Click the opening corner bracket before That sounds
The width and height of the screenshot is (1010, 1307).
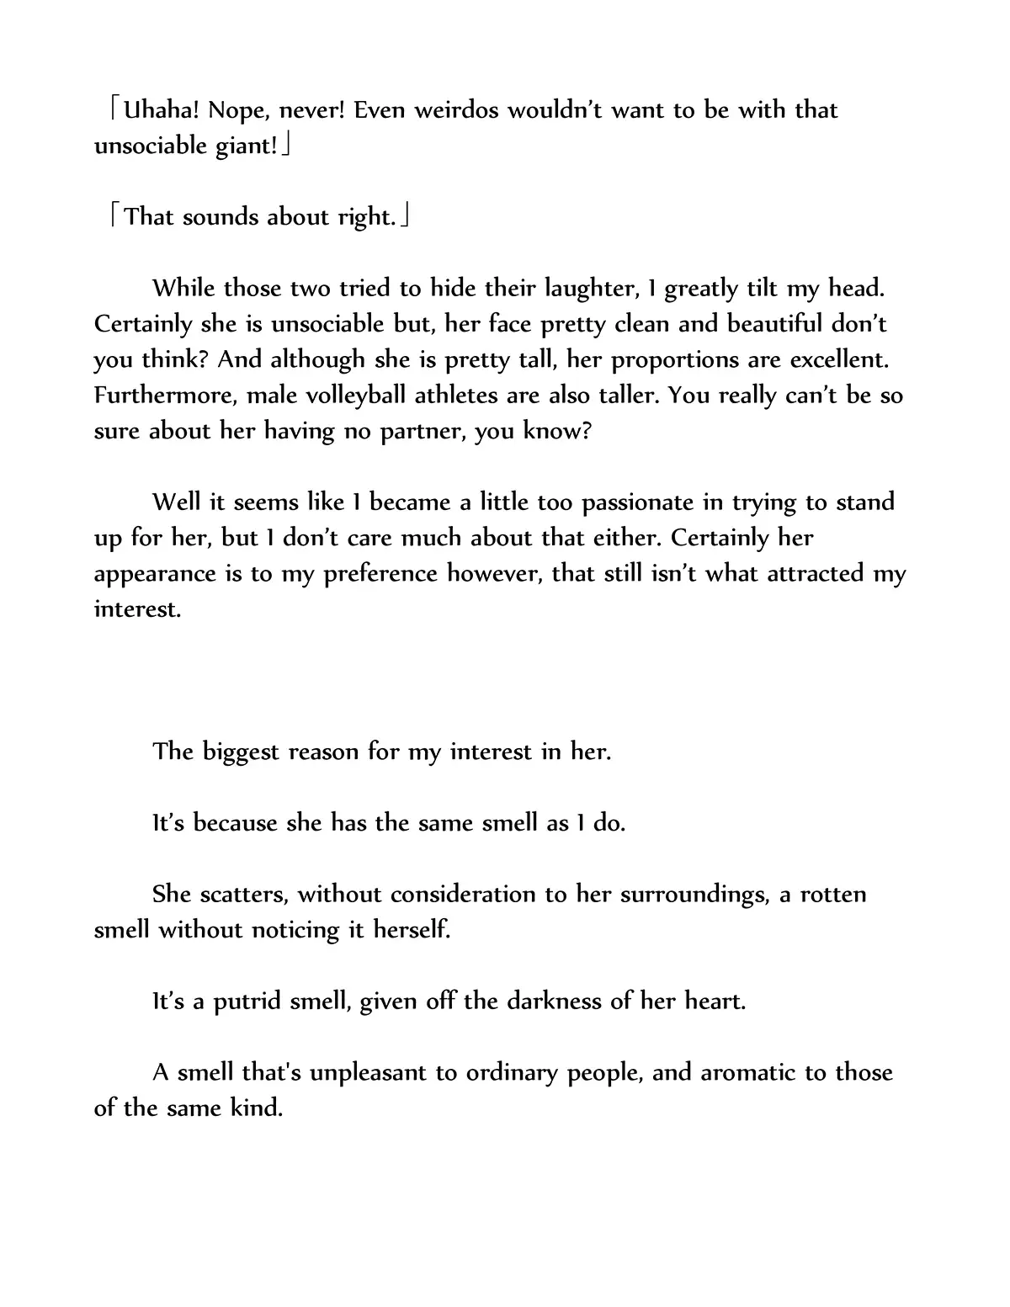(x=116, y=217)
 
